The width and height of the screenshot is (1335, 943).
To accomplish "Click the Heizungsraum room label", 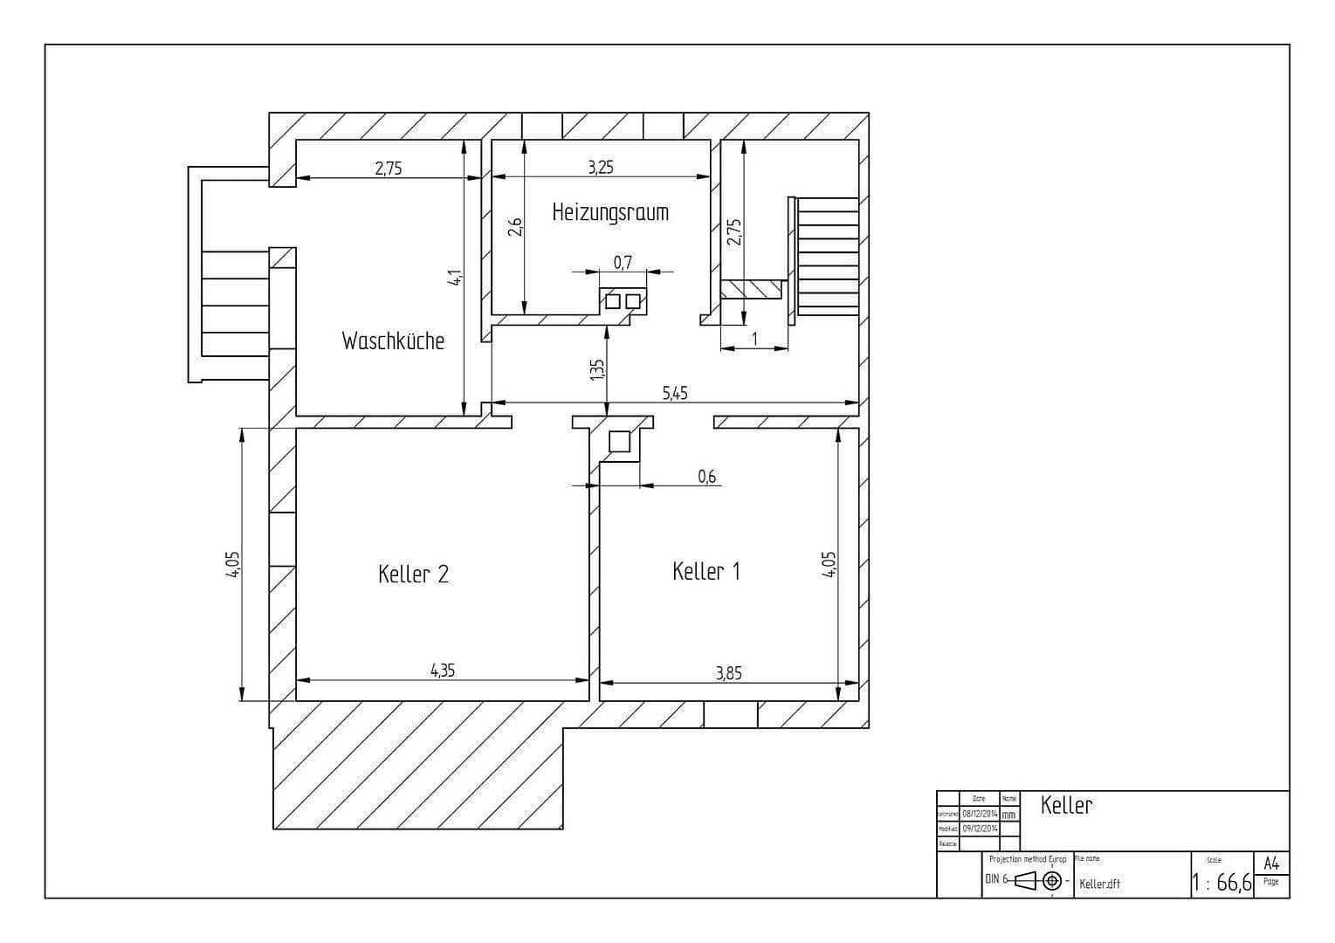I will point(610,212).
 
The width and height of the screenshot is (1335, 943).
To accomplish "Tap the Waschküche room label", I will point(393,341).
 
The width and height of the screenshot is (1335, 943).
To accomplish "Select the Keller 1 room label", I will point(706,572).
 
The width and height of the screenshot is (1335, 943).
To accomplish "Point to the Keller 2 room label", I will point(413,575).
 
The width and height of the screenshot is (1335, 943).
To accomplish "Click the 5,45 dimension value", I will point(674,394).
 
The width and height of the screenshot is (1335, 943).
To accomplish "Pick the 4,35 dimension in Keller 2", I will point(442,671).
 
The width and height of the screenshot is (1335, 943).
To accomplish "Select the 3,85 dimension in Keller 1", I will point(728,672).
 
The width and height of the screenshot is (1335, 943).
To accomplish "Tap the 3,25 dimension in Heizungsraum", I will point(600,168).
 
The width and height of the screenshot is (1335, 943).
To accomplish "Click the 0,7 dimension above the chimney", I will point(622,262).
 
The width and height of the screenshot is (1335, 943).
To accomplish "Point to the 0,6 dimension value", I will point(706,476).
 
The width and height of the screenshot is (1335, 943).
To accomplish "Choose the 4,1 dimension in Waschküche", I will point(454,279).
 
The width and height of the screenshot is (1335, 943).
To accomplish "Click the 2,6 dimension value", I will point(515,227).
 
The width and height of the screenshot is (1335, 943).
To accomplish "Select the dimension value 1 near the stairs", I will point(754,339).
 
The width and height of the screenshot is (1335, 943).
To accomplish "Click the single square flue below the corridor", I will point(618,442).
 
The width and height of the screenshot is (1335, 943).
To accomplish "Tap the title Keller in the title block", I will point(1065,805).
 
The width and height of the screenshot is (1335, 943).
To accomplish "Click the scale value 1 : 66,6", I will point(1221,883).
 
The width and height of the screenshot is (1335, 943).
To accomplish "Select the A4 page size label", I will point(1271,864).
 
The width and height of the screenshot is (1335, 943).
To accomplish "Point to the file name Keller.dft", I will point(1099,884).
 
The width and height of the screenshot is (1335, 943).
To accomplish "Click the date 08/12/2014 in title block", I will point(980,813).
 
